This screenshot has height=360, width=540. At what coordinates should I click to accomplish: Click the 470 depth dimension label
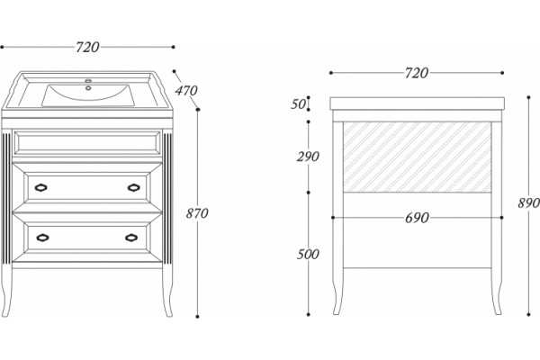(x=186, y=91)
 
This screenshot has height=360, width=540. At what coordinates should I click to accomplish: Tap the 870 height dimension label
(x=197, y=213)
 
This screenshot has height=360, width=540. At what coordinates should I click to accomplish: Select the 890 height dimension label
(x=528, y=203)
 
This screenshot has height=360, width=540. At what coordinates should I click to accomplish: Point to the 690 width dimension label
(x=417, y=218)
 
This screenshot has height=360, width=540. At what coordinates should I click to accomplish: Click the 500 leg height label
(x=308, y=254)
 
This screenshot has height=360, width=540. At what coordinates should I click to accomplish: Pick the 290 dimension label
(x=308, y=157)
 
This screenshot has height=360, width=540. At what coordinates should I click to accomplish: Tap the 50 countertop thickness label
(x=298, y=103)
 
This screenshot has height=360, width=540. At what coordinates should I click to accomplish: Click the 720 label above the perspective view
(x=87, y=47)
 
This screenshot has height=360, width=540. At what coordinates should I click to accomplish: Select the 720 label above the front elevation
(x=417, y=73)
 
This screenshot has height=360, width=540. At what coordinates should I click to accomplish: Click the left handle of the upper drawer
(x=41, y=187)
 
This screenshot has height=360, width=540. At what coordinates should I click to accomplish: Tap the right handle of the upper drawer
(x=133, y=187)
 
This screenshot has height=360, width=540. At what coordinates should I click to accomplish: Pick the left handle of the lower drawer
(x=42, y=238)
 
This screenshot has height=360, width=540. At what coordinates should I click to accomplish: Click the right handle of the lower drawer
(x=131, y=238)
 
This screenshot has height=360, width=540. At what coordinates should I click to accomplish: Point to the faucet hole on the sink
(x=88, y=88)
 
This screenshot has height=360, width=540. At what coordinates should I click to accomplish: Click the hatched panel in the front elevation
(x=417, y=157)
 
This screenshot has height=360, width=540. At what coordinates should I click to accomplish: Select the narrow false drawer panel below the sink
(x=87, y=142)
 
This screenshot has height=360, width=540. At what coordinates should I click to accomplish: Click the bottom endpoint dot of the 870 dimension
(x=197, y=316)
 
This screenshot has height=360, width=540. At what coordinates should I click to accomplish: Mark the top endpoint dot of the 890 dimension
(x=528, y=97)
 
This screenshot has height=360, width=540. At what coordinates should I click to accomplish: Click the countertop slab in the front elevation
(x=417, y=103)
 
